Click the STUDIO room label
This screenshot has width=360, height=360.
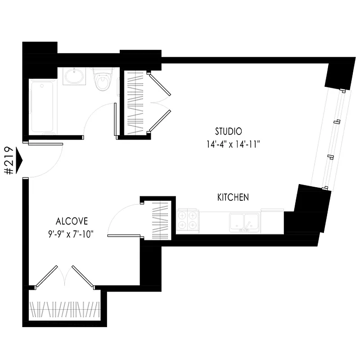pyautogui.click(x=228, y=131)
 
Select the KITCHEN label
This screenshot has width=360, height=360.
pyautogui.click(x=233, y=197)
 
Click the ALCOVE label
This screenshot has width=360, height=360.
pyautogui.click(x=72, y=221)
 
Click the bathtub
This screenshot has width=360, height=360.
pyautogui.click(x=42, y=107)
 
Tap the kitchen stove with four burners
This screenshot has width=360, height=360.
pyautogui.click(x=188, y=220)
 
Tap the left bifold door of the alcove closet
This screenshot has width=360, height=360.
pyautogui.click(x=47, y=276)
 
